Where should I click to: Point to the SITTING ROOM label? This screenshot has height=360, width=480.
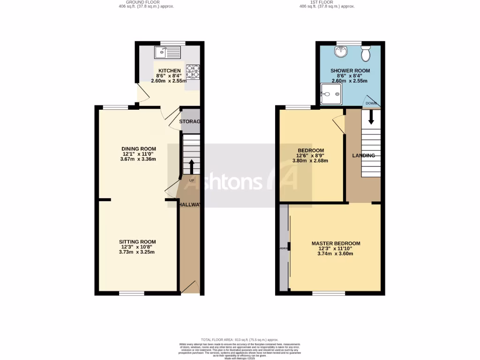[136, 242]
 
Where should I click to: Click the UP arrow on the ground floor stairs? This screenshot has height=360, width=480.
[191, 166]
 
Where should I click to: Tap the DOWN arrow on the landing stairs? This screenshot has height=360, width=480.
[371, 117]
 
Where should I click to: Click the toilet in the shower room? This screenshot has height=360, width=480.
[366, 54]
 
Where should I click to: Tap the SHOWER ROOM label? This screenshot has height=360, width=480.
[350, 71]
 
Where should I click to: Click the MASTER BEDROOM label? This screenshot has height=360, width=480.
[336, 243]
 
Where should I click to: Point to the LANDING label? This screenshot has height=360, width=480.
[363, 156]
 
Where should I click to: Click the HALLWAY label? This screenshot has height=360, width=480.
[189, 204]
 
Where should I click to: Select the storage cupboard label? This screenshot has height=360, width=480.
[190, 122]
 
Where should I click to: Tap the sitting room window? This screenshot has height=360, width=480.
[131, 294]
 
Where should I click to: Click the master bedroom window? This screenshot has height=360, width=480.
[329, 294]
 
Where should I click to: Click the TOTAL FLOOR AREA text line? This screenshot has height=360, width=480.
[240, 339]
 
